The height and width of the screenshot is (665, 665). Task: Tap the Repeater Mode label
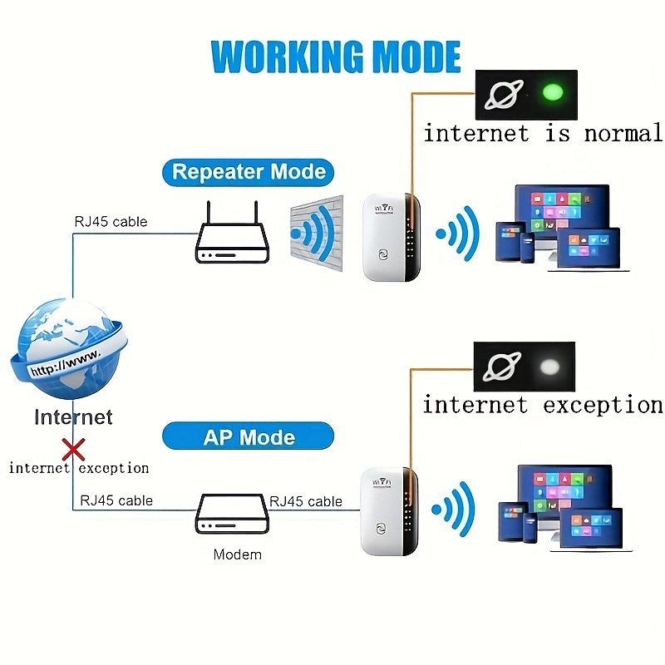(249, 173)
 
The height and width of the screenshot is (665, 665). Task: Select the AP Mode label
(249, 437)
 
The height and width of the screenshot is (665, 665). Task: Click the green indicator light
(549, 93)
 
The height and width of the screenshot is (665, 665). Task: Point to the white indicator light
(549, 367)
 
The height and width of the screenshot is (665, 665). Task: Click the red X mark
(74, 451)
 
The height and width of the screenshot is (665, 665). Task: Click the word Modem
(237, 554)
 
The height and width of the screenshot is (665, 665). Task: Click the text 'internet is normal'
(542, 134)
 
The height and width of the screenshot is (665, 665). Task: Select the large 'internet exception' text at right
(542, 406)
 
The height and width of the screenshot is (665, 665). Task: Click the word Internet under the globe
(73, 416)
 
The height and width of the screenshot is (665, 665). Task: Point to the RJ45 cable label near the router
(111, 221)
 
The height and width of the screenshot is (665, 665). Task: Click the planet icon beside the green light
(503, 94)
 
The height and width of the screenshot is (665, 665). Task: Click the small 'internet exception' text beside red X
(79, 468)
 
